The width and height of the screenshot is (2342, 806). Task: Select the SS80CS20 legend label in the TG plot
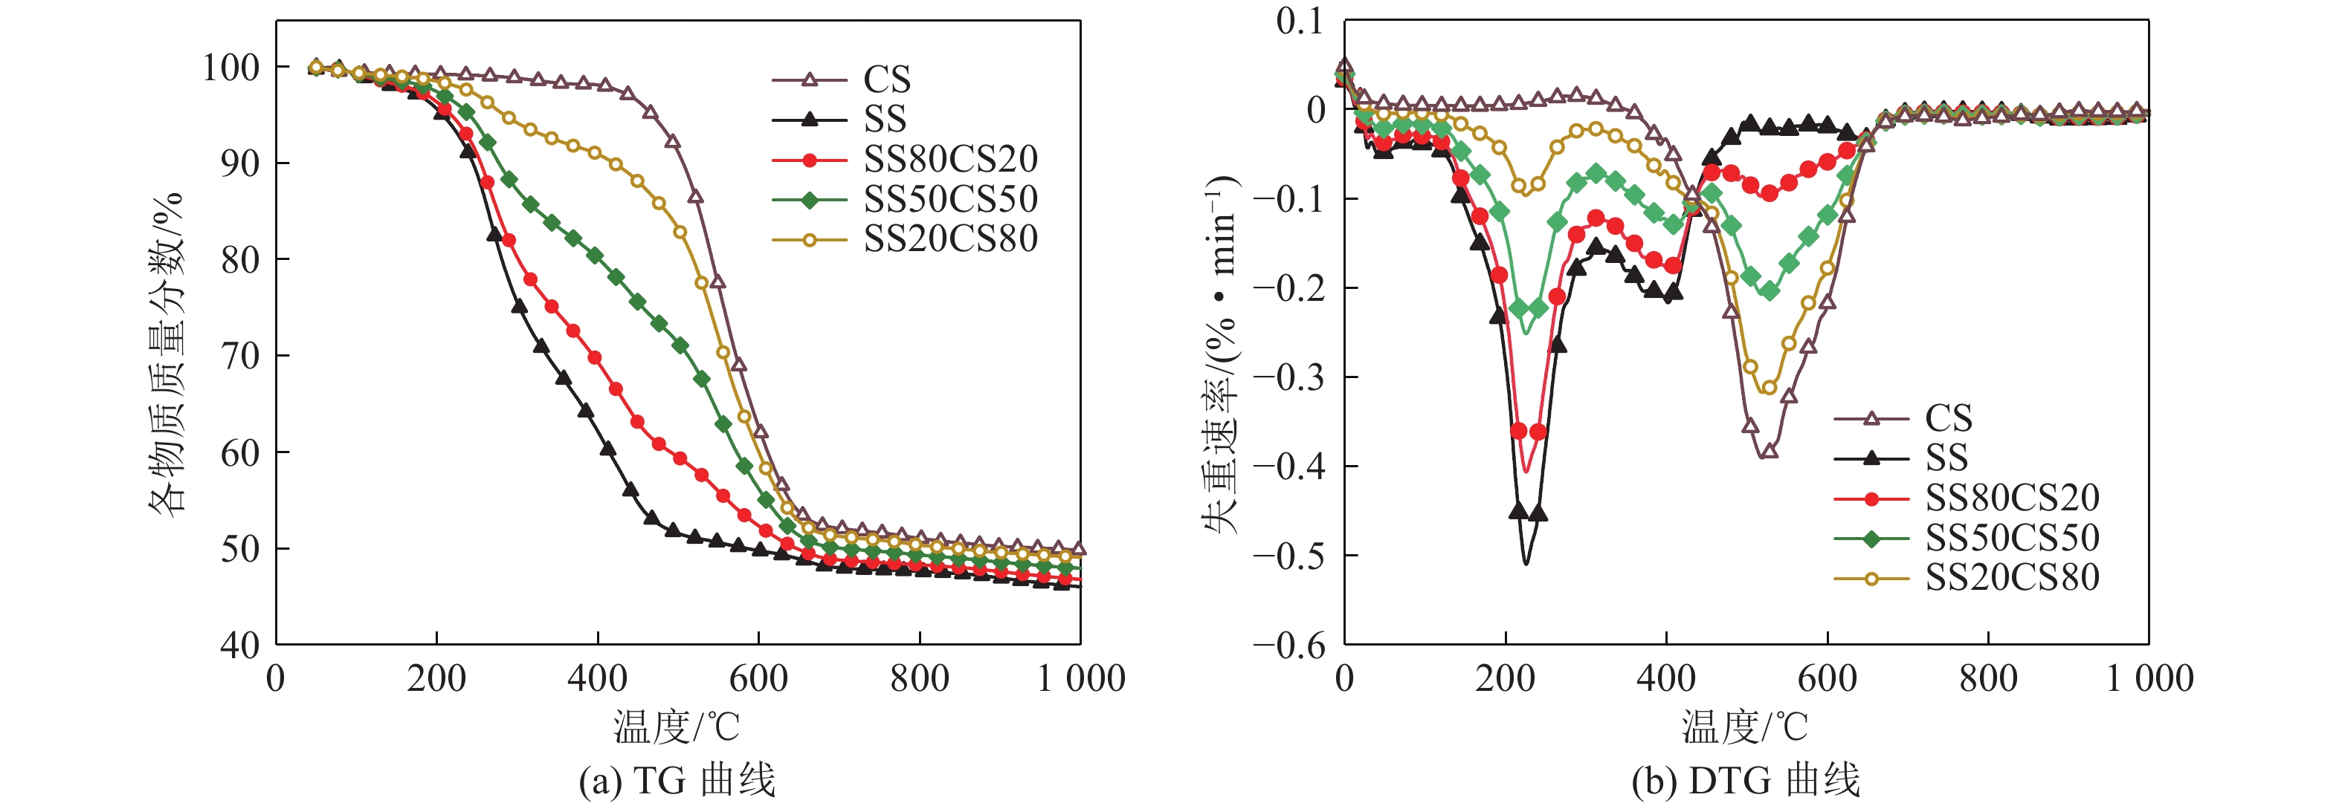(x=950, y=160)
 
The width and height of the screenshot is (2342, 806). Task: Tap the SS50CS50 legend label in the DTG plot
(x=2012, y=538)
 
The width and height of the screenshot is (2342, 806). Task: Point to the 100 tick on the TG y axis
(x=231, y=68)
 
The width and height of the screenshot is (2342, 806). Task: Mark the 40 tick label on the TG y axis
(x=240, y=645)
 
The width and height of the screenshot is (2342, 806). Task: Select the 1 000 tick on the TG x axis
(x=1081, y=679)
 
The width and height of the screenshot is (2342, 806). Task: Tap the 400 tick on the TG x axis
(x=597, y=679)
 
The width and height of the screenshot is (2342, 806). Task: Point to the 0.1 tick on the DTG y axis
(x=1300, y=22)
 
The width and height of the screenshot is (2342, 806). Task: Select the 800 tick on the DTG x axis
(x=1987, y=679)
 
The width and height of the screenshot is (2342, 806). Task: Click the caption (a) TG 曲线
(x=677, y=781)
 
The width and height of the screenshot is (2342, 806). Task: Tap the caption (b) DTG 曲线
(x=1746, y=781)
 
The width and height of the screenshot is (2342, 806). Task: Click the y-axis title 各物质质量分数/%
(x=167, y=354)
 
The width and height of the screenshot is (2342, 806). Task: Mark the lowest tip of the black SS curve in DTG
(x=1526, y=565)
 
